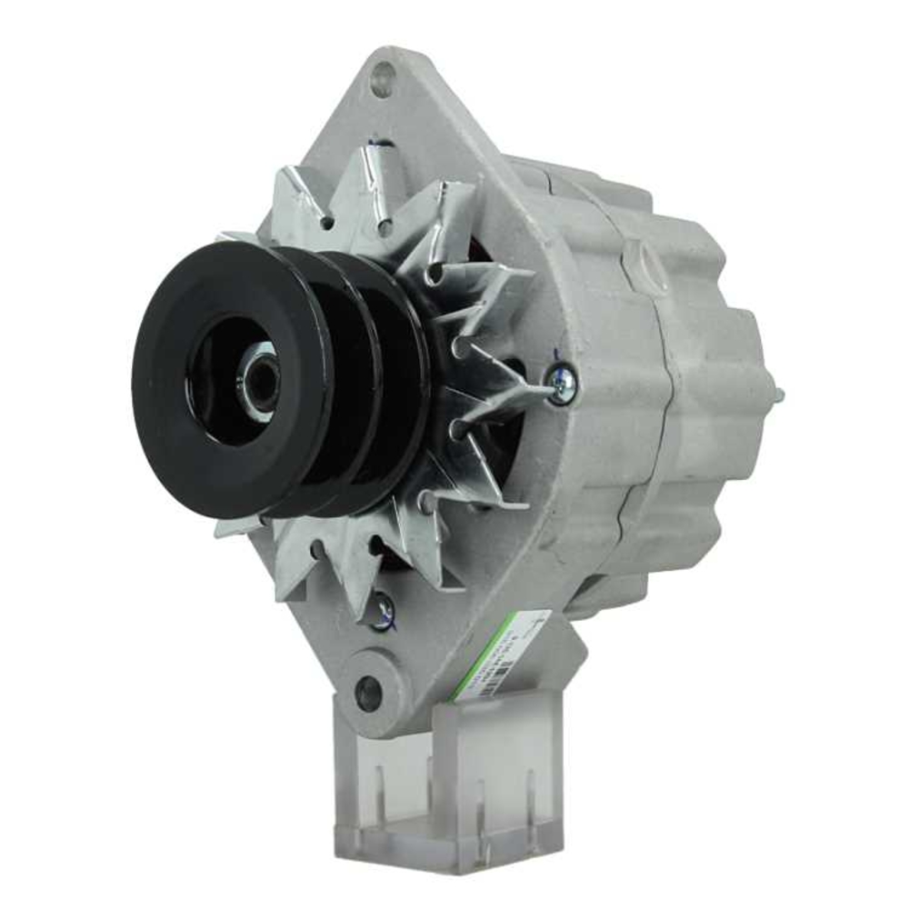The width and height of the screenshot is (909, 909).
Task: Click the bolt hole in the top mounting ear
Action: [381, 79]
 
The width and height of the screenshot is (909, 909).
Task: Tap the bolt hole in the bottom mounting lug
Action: [368, 694]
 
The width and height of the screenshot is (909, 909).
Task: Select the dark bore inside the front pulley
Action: [223, 382]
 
